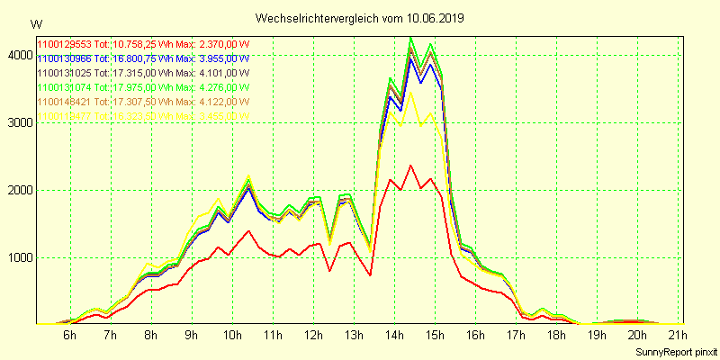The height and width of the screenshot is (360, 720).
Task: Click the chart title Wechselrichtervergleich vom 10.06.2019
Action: (x=360, y=18)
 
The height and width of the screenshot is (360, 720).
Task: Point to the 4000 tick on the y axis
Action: (x=18, y=55)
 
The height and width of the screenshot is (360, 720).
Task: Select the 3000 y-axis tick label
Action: (x=18, y=122)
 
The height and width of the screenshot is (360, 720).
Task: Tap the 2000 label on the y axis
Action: (x=18, y=190)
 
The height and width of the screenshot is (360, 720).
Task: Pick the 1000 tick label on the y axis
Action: (x=18, y=257)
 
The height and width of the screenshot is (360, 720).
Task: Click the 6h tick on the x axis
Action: (x=69, y=336)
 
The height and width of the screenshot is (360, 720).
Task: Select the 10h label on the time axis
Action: (x=232, y=336)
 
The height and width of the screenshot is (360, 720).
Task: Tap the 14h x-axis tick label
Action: (x=395, y=336)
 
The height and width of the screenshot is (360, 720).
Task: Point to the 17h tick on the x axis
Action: (x=517, y=336)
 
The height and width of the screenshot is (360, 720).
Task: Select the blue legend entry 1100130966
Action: (x=142, y=58)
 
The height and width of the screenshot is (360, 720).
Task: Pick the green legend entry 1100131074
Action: (x=142, y=87)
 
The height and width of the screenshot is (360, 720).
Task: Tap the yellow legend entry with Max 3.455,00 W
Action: (x=142, y=116)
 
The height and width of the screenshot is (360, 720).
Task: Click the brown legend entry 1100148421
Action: (x=142, y=102)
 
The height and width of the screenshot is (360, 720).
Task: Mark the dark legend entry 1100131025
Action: (x=142, y=73)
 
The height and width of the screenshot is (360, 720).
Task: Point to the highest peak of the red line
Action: (x=411, y=165)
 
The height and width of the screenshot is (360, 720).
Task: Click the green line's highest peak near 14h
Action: (x=411, y=38)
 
